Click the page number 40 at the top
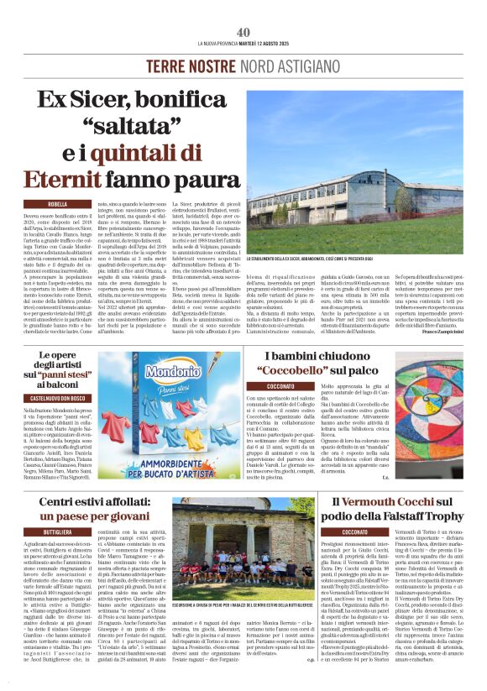(x=243, y=31)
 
